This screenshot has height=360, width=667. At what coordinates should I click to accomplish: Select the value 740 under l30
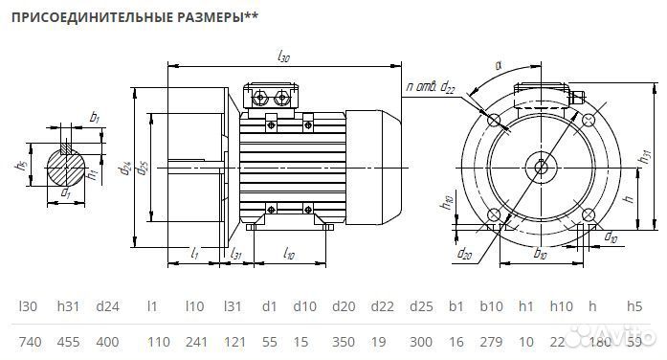click(31, 341)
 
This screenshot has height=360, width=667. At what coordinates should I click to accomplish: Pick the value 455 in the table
click(69, 341)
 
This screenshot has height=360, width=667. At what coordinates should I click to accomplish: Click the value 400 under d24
click(108, 341)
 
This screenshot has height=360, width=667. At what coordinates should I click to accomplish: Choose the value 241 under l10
click(194, 341)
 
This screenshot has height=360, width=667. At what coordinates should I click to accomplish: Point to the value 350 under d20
click(343, 341)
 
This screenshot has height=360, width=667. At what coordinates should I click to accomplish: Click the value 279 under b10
click(490, 341)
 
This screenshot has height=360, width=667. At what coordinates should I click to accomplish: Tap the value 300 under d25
click(422, 341)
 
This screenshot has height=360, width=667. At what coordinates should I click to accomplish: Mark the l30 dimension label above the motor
click(283, 58)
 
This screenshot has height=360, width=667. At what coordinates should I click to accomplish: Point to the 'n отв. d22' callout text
click(430, 88)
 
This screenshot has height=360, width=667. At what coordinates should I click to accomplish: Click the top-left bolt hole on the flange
click(495, 122)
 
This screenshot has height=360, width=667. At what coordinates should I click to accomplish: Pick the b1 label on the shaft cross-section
click(94, 117)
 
